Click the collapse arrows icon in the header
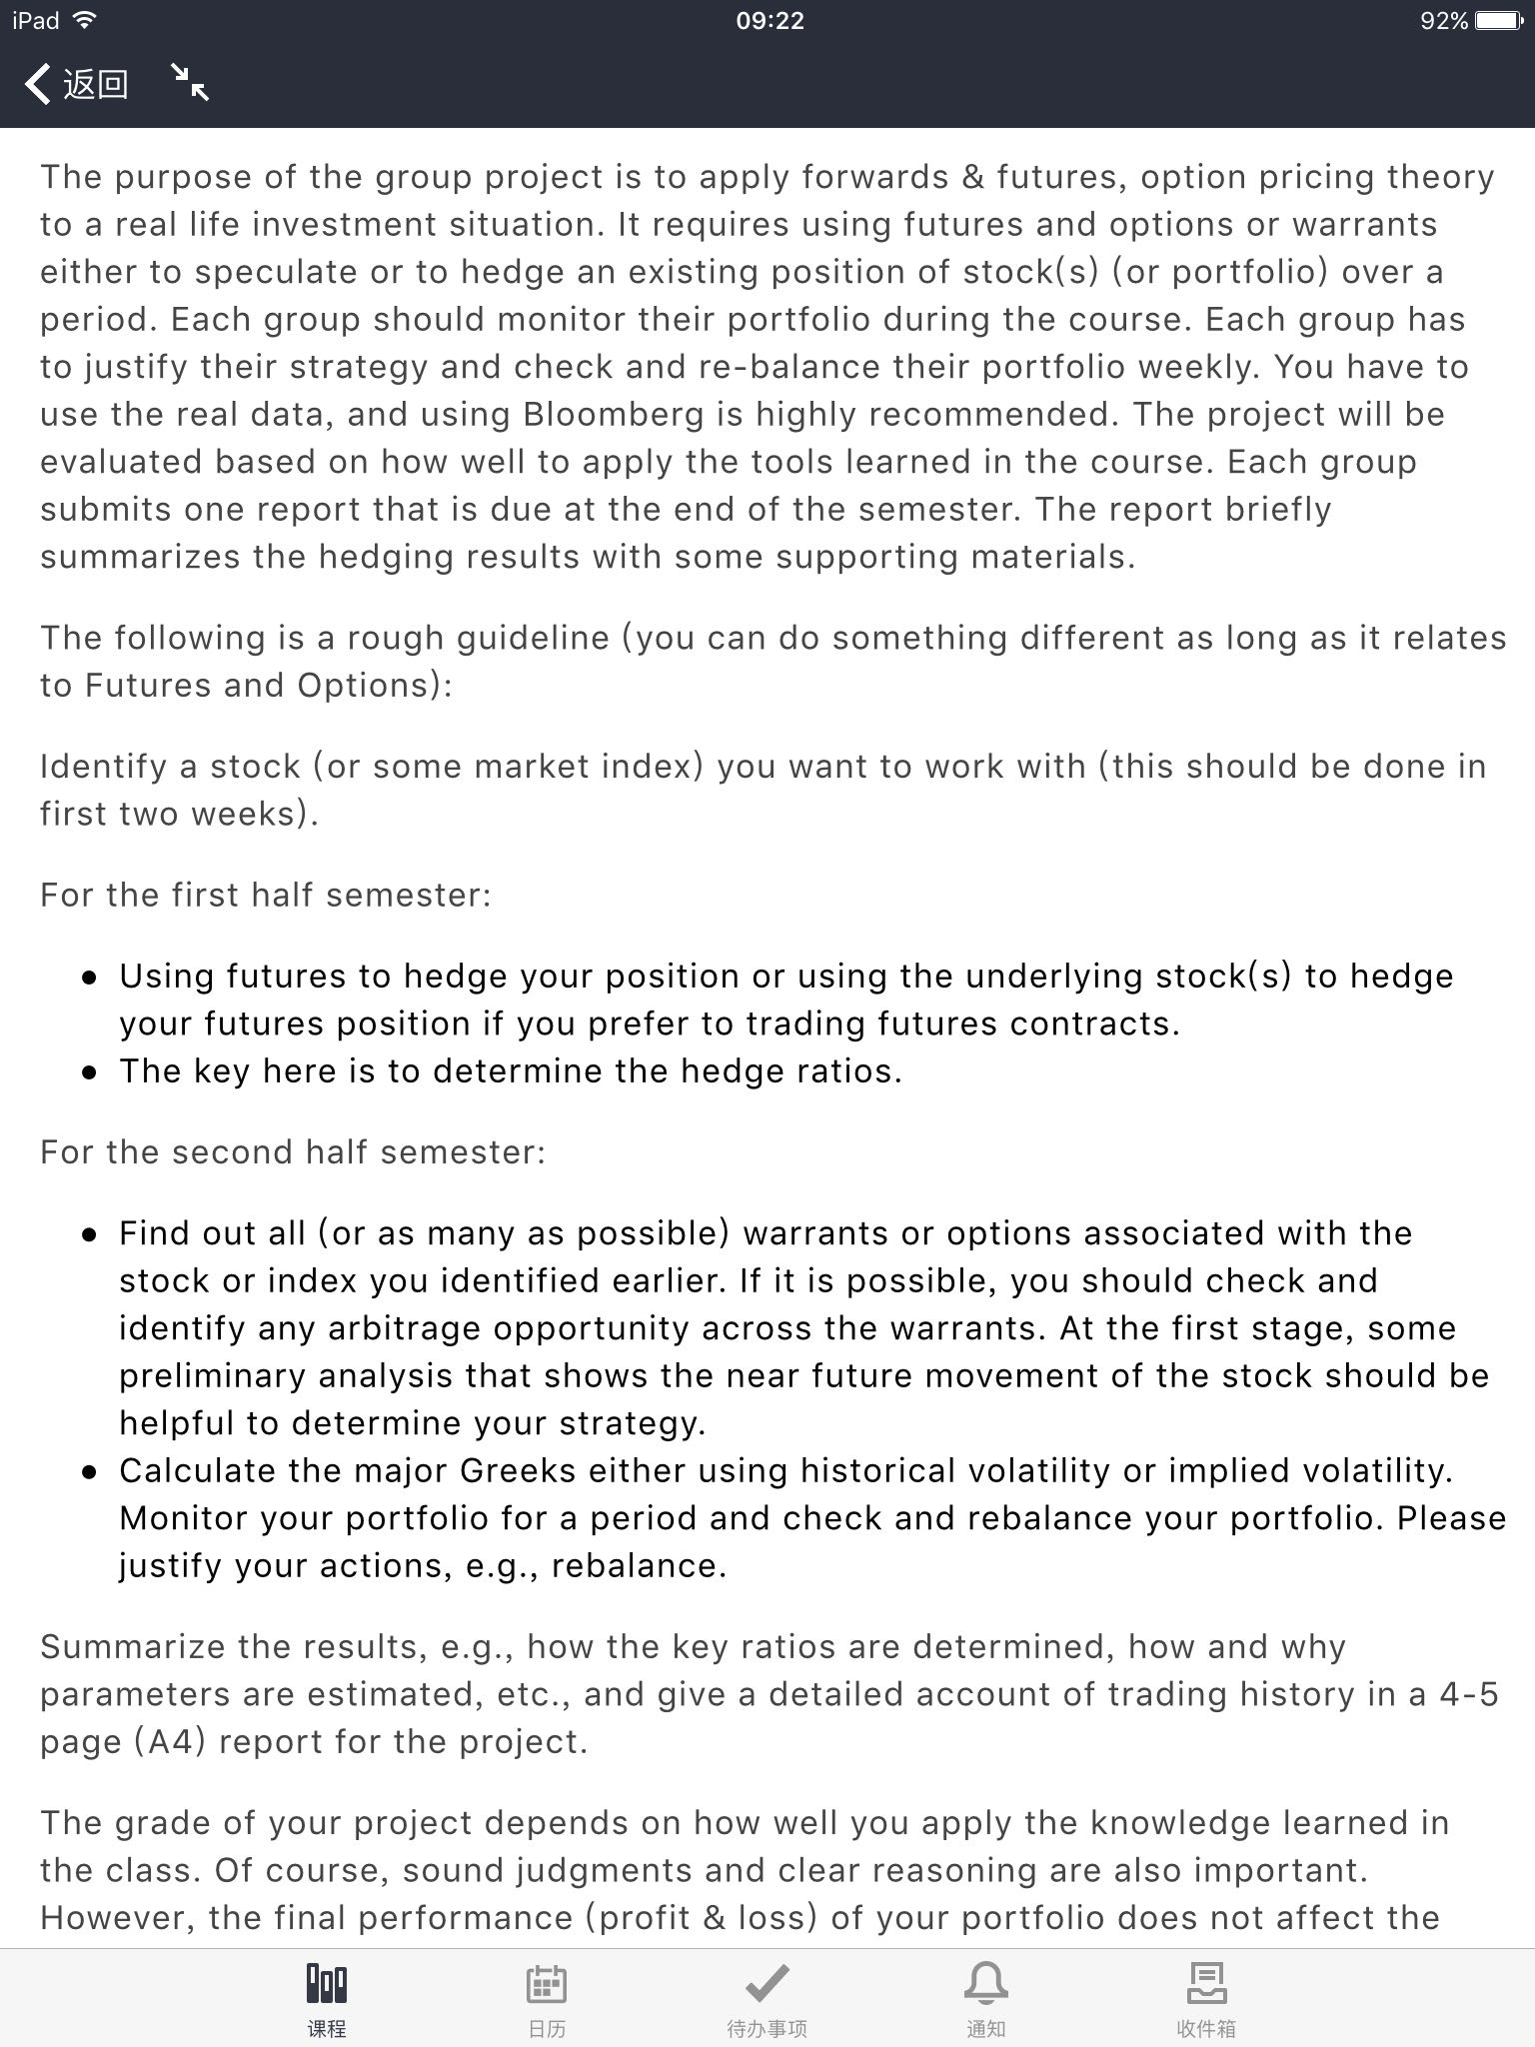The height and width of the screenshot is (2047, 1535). coord(189,82)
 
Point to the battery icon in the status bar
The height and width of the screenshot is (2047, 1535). coord(1499,21)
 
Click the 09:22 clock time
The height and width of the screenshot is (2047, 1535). coord(769,21)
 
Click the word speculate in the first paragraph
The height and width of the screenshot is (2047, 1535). coord(275,272)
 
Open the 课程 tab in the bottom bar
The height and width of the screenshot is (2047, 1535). coord(327,1998)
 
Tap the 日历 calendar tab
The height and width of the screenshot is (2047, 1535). coord(547,1998)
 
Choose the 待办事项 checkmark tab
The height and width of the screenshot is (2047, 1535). coord(767,1998)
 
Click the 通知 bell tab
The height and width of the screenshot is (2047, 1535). coord(985,1998)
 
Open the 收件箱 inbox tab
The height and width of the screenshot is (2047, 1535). coord(1205,1998)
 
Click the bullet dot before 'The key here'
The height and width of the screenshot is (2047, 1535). coord(91,1072)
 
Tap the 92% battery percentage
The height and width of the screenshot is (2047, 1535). coord(1443,21)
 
